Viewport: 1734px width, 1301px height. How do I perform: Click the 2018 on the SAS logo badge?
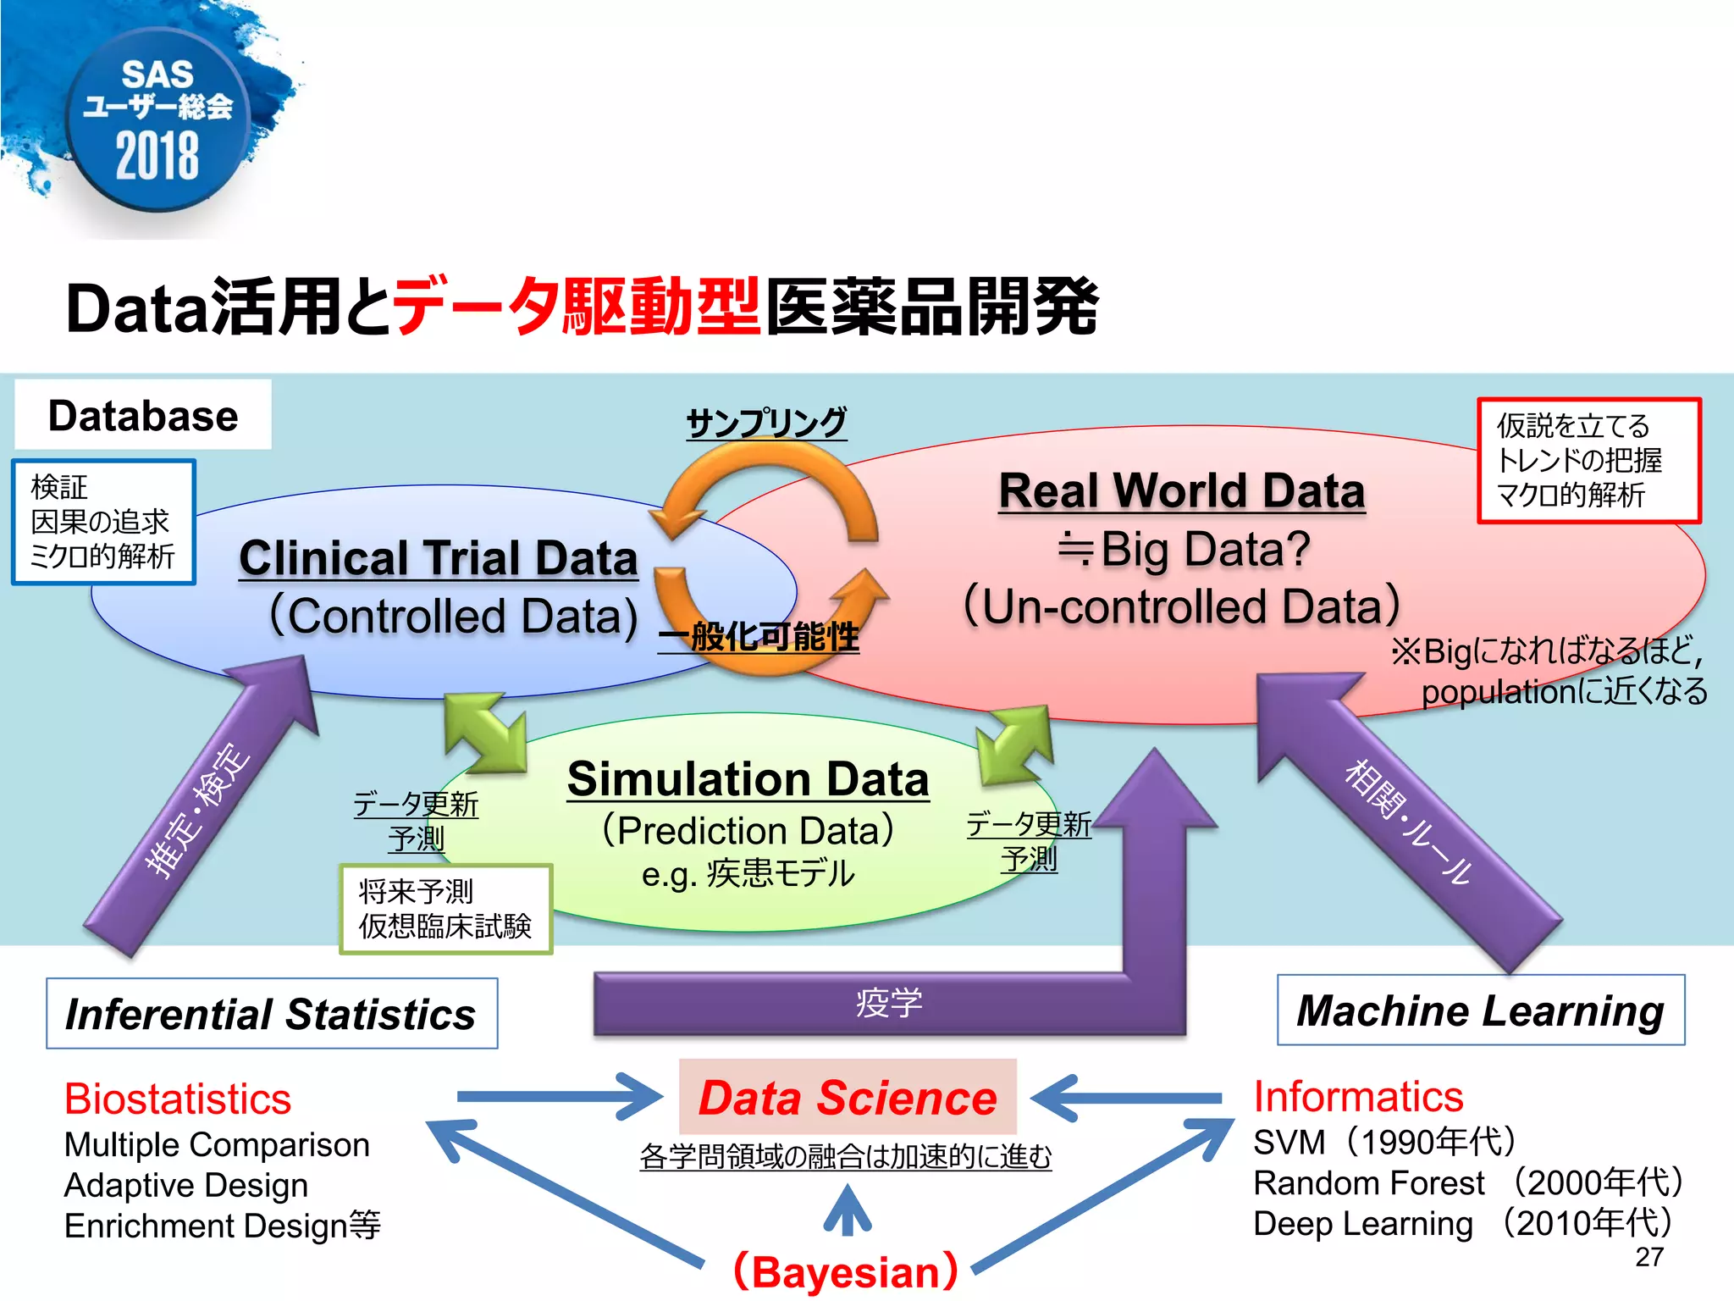coord(157,156)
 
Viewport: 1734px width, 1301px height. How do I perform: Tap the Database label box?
coord(143,415)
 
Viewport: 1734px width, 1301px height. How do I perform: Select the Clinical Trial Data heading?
coord(438,558)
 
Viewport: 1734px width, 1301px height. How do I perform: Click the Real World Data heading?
coord(1181,491)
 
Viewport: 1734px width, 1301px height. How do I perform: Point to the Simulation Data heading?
coord(748,779)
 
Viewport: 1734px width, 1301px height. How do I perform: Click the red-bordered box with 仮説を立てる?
coord(1588,460)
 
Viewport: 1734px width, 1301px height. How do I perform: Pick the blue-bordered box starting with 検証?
coord(103,522)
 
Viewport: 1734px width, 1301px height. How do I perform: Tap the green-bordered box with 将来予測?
coord(445,909)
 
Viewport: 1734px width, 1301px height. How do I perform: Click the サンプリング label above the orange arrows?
coord(765,422)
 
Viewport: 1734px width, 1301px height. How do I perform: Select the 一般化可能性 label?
coord(759,637)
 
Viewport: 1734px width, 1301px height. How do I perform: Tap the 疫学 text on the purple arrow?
coord(888,1003)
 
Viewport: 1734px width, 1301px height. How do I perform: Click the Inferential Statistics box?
coord(272,1014)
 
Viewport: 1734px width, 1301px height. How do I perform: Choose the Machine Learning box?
coord(1480,1010)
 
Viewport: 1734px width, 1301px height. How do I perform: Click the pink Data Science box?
coord(848,1097)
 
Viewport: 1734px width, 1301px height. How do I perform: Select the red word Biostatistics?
coord(178,1099)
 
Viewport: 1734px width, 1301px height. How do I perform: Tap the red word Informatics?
coord(1358,1096)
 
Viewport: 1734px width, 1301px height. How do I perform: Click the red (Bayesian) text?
coord(846,1271)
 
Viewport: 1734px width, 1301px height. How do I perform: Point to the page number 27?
coord(1649,1257)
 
